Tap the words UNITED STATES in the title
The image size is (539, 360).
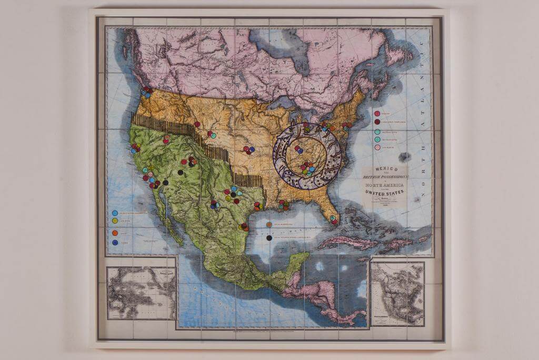pyautogui.click(x=385, y=193)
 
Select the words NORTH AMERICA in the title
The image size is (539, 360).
pyautogui.click(x=385, y=184)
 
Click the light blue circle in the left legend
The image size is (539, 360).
pyautogui.click(x=115, y=213)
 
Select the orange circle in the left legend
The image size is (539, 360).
pyautogui.click(x=115, y=233)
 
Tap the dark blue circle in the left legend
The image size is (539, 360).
pyautogui.click(x=115, y=242)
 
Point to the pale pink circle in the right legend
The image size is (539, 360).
pyautogui.click(x=377, y=148)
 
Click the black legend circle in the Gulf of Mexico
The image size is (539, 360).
pyautogui.click(x=269, y=238)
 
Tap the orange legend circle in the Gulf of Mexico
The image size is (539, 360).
pyautogui.click(x=269, y=225)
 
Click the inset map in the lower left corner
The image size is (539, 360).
pyautogui.click(x=141, y=293)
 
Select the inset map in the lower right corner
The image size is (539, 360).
pyautogui.click(x=397, y=294)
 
